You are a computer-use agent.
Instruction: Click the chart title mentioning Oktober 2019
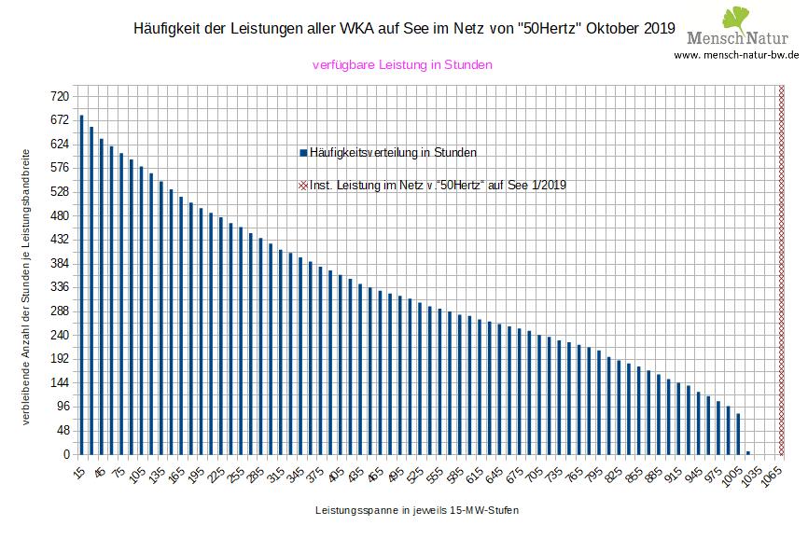[405, 29]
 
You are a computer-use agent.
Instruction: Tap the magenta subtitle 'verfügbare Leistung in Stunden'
[401, 65]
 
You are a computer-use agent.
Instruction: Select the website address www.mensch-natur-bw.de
[736, 55]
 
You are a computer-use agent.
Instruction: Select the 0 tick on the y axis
[66, 455]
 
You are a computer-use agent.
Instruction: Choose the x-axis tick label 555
[434, 474]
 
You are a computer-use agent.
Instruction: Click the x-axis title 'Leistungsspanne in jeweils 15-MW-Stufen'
[417, 511]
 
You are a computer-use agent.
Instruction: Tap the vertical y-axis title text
[26, 284]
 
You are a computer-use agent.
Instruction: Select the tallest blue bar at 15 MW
[81, 284]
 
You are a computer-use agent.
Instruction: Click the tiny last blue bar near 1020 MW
[747, 453]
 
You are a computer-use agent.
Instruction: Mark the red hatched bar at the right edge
[782, 270]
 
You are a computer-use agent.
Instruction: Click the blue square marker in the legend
[302, 152]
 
